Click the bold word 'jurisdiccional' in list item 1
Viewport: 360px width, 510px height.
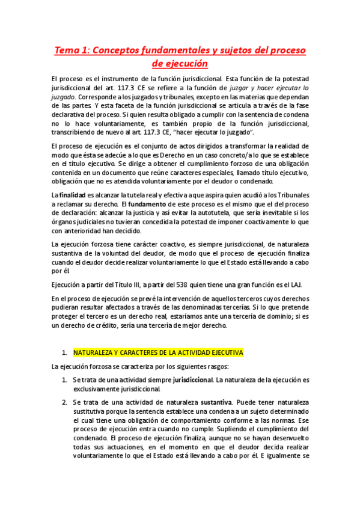pyautogui.click(x=193, y=380)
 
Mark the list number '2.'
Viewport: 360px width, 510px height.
pyautogui.click(x=64, y=402)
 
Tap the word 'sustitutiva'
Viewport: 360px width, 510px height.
pyautogui.click(x=92, y=411)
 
